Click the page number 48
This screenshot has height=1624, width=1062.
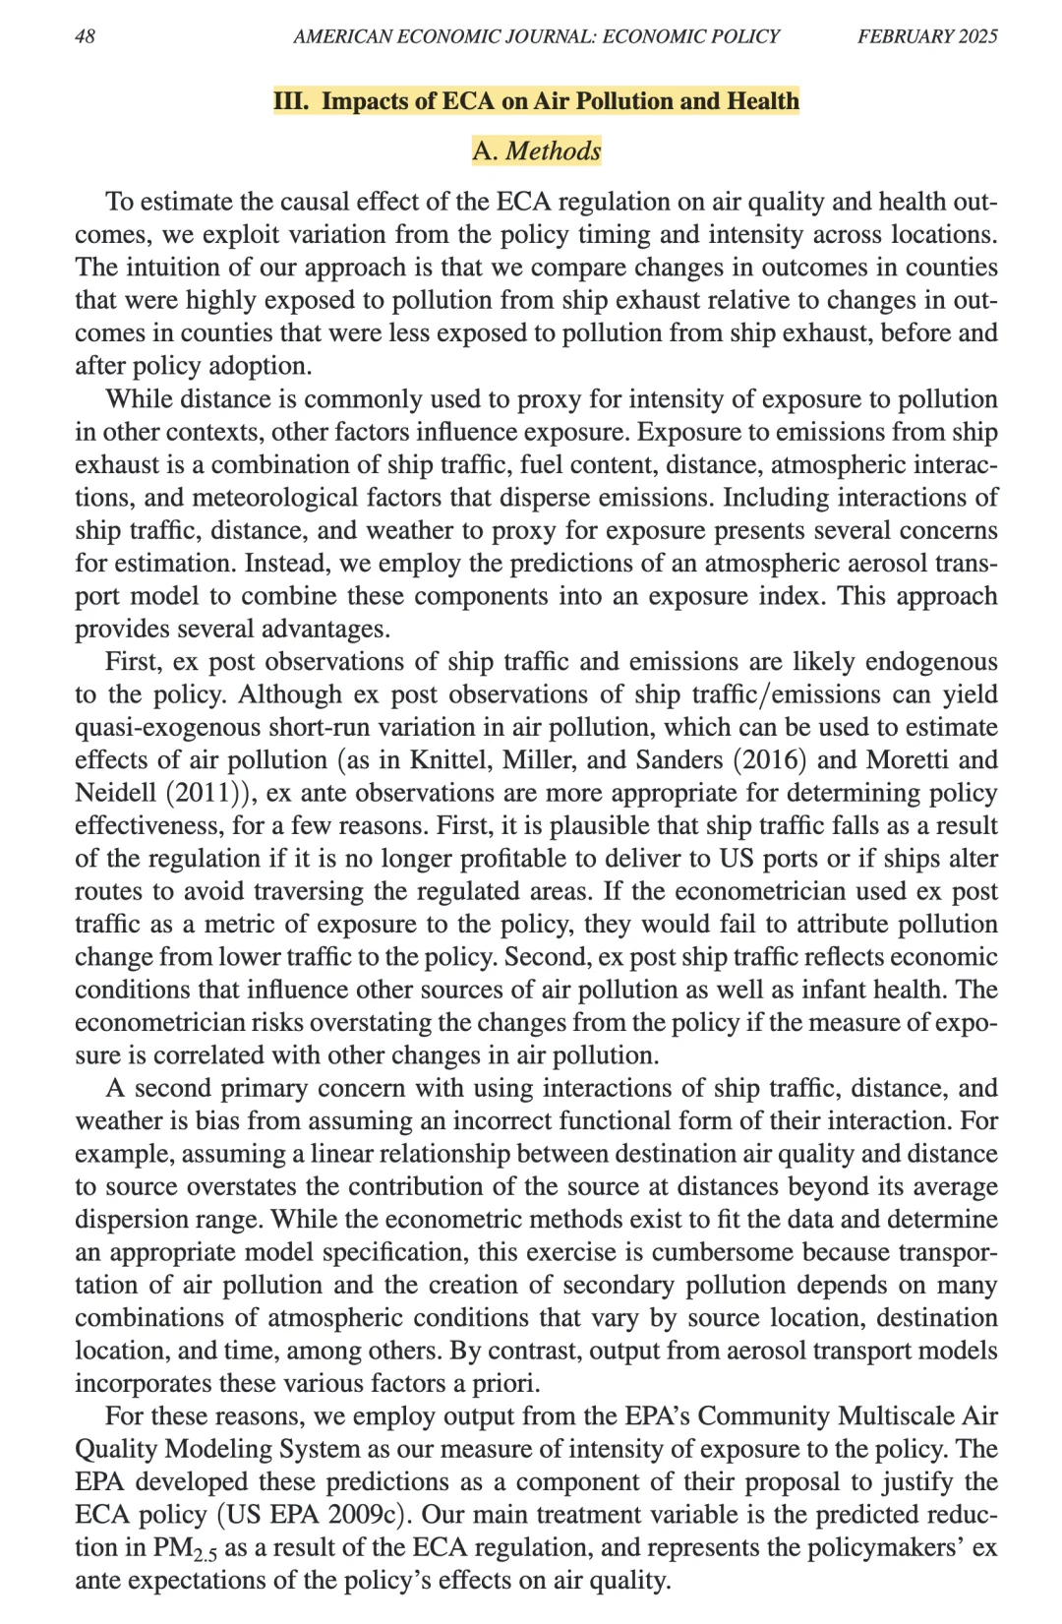86,36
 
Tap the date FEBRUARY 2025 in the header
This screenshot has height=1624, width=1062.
927,36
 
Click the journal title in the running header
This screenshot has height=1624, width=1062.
536,36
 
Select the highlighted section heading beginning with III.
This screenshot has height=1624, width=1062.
536,101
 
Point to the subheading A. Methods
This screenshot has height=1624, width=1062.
536,151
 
